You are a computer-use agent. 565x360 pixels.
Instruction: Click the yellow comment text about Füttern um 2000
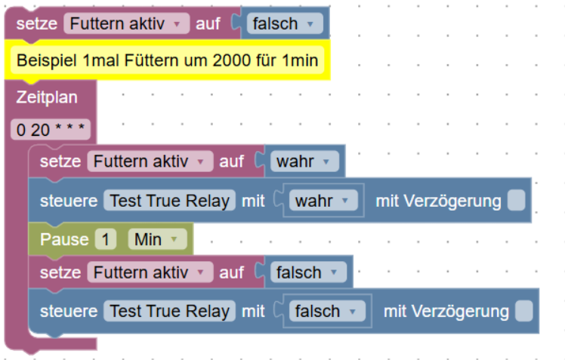coord(167,60)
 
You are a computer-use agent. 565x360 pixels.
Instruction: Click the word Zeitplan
coord(47,97)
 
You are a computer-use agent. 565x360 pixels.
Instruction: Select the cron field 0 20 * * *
coord(51,130)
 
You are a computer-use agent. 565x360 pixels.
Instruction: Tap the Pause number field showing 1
coord(106,239)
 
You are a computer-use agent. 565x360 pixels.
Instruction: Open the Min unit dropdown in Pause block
coord(157,239)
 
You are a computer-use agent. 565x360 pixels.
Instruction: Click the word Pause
coord(64,239)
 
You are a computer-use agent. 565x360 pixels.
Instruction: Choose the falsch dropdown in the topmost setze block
coord(285,23)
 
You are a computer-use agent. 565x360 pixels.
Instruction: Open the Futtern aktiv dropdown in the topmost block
coord(126,23)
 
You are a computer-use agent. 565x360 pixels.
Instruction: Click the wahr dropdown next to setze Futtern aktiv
coord(304,162)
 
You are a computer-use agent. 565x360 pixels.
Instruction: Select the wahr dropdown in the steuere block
coord(323,201)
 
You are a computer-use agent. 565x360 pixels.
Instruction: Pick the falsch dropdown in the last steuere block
coord(327,311)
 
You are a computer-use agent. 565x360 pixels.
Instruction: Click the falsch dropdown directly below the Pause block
coord(308,272)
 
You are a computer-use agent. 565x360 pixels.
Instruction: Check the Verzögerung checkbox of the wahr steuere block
coord(516,201)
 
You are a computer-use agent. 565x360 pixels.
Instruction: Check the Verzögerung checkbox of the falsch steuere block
coord(524,311)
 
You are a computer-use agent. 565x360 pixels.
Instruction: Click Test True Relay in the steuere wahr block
coord(169,201)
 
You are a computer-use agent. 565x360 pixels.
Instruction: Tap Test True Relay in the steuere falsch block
coord(169,311)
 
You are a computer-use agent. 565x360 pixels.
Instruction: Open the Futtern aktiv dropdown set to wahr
coord(150,162)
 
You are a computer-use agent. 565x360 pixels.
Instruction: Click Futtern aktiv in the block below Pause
coord(150,272)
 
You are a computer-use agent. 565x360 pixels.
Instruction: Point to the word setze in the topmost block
coord(37,23)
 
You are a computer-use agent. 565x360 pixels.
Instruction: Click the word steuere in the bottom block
coord(69,311)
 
